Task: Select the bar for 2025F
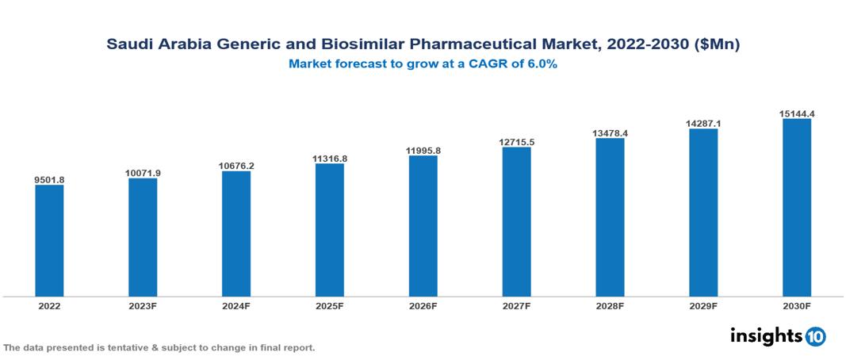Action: pos(329,230)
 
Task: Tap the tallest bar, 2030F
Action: pos(796,208)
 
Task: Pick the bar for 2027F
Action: pos(516,222)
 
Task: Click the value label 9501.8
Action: pos(49,180)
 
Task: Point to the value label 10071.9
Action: pos(143,173)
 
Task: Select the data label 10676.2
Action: pos(236,166)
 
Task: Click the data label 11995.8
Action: pos(423,151)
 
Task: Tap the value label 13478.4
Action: pos(610,133)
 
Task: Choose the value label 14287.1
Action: pos(703,124)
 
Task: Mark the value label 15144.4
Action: pos(796,114)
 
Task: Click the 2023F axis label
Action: pos(143,305)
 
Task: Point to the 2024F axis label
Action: pos(236,305)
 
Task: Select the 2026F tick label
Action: pos(423,305)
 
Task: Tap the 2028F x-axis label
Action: pos(610,305)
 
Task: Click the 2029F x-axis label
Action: pos(703,305)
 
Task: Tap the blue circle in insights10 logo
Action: pos(816,336)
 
